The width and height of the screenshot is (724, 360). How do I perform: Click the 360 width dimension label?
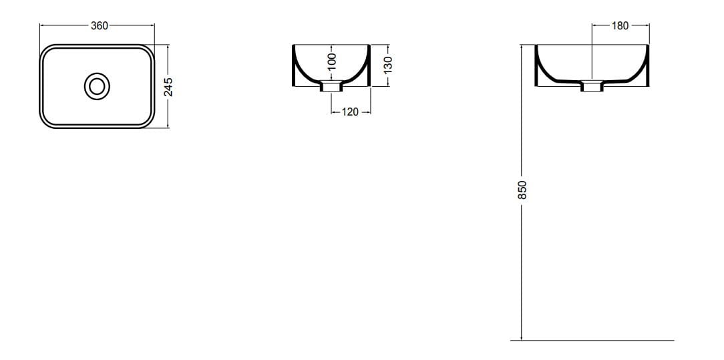pos(99,26)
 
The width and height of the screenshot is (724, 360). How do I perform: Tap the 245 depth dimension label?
pos(169,86)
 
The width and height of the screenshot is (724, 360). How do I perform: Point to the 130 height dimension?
pos(387,65)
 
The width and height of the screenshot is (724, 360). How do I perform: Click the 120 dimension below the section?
pos(350,112)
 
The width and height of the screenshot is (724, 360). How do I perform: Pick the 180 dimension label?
pos(620,26)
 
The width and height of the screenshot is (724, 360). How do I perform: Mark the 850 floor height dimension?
pos(523,190)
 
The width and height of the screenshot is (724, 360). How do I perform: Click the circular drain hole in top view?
pos(97,86)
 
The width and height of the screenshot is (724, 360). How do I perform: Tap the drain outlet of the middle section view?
pos(331,86)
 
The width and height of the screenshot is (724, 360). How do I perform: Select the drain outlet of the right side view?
pos(592,86)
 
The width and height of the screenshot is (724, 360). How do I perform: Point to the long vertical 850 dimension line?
pos(521,267)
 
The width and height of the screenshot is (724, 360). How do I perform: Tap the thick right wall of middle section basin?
pos(366,70)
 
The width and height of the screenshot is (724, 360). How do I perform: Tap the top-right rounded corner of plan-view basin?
pos(149,51)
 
